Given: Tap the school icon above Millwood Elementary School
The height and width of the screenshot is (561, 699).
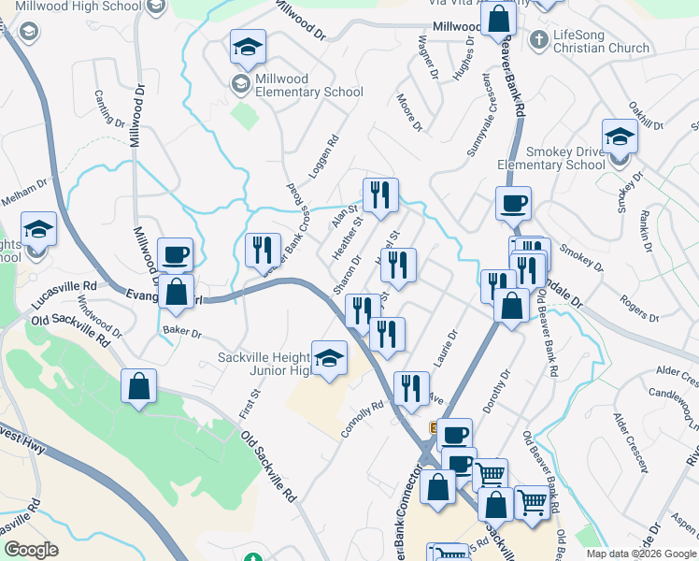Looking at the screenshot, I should pos(249,47).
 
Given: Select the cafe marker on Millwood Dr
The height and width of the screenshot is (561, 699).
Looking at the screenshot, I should pos(176,255).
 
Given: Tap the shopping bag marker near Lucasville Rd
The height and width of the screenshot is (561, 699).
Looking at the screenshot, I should pos(176,293).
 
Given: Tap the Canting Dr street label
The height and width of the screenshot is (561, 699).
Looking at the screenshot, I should pos(109,108).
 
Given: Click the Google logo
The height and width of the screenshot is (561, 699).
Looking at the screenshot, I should pos(31,550).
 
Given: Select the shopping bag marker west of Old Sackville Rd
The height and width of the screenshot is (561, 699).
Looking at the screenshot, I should pos(138,387).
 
